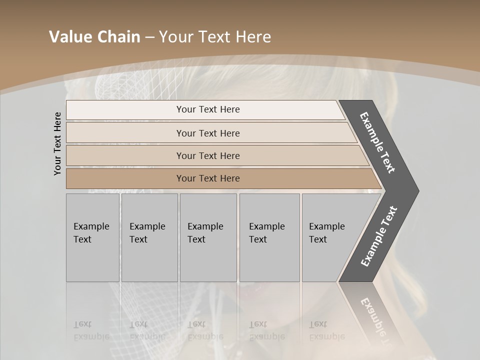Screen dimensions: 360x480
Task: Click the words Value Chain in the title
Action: click(94, 37)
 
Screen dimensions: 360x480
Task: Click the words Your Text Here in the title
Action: click(215, 37)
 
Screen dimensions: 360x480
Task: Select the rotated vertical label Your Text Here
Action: click(58, 143)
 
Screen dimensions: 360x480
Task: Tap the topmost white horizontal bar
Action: click(205, 110)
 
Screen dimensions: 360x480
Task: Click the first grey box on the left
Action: click(92, 237)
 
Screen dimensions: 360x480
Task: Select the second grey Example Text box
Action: click(149, 237)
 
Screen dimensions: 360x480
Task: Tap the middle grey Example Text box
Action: click(208, 237)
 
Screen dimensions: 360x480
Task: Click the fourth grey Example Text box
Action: click(269, 237)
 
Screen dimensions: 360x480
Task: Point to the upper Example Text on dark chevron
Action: click(377, 142)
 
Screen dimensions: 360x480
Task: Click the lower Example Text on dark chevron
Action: click(379, 236)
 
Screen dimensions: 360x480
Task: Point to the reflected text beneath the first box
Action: click(91, 330)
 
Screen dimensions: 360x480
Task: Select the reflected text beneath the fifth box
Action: click(326, 330)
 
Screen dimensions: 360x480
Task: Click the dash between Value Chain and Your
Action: click(149, 37)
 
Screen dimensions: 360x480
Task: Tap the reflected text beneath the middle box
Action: click(205, 330)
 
